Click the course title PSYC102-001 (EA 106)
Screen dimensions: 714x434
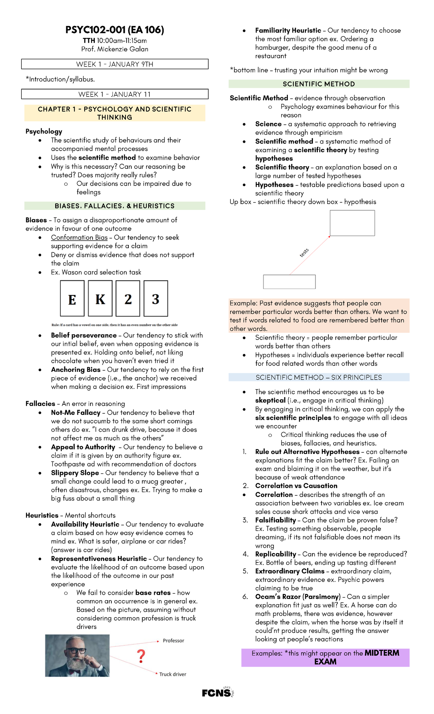(115, 30)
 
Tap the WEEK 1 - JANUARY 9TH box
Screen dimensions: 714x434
(115, 64)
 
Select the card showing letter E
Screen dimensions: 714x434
(72, 299)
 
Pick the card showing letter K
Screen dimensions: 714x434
(100, 299)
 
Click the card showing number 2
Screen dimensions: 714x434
(128, 299)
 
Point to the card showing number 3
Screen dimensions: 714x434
(156, 299)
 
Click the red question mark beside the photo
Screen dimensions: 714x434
(141, 656)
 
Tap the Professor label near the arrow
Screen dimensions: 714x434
(173, 641)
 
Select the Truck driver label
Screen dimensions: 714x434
(173, 674)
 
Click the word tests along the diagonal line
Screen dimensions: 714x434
(304, 253)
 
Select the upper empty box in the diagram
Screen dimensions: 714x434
(352, 223)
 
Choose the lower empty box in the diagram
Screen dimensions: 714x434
(289, 282)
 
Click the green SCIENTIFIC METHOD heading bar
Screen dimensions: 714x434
(319, 84)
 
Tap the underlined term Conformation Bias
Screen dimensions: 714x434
(79, 237)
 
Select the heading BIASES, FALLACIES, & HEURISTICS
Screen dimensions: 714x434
(115, 206)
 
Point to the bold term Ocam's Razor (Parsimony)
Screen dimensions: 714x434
(298, 597)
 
